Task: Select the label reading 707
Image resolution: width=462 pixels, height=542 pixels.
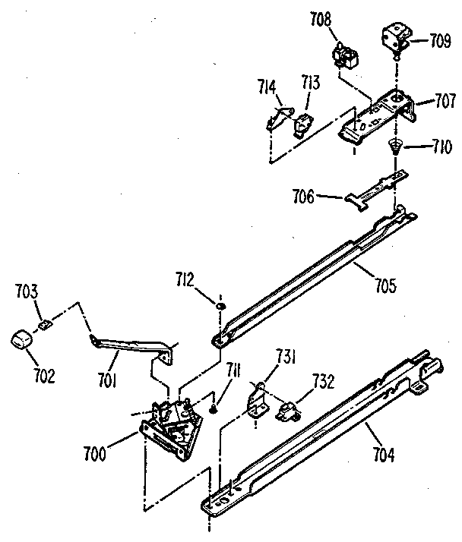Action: coord(445,101)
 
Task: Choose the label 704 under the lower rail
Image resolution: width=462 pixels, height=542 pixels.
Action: coord(384,456)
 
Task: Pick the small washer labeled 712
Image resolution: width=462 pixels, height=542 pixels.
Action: coord(219,306)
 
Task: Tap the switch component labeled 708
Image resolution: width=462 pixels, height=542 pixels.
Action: coord(346,55)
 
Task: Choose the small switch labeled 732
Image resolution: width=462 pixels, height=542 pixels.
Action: coord(287,411)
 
